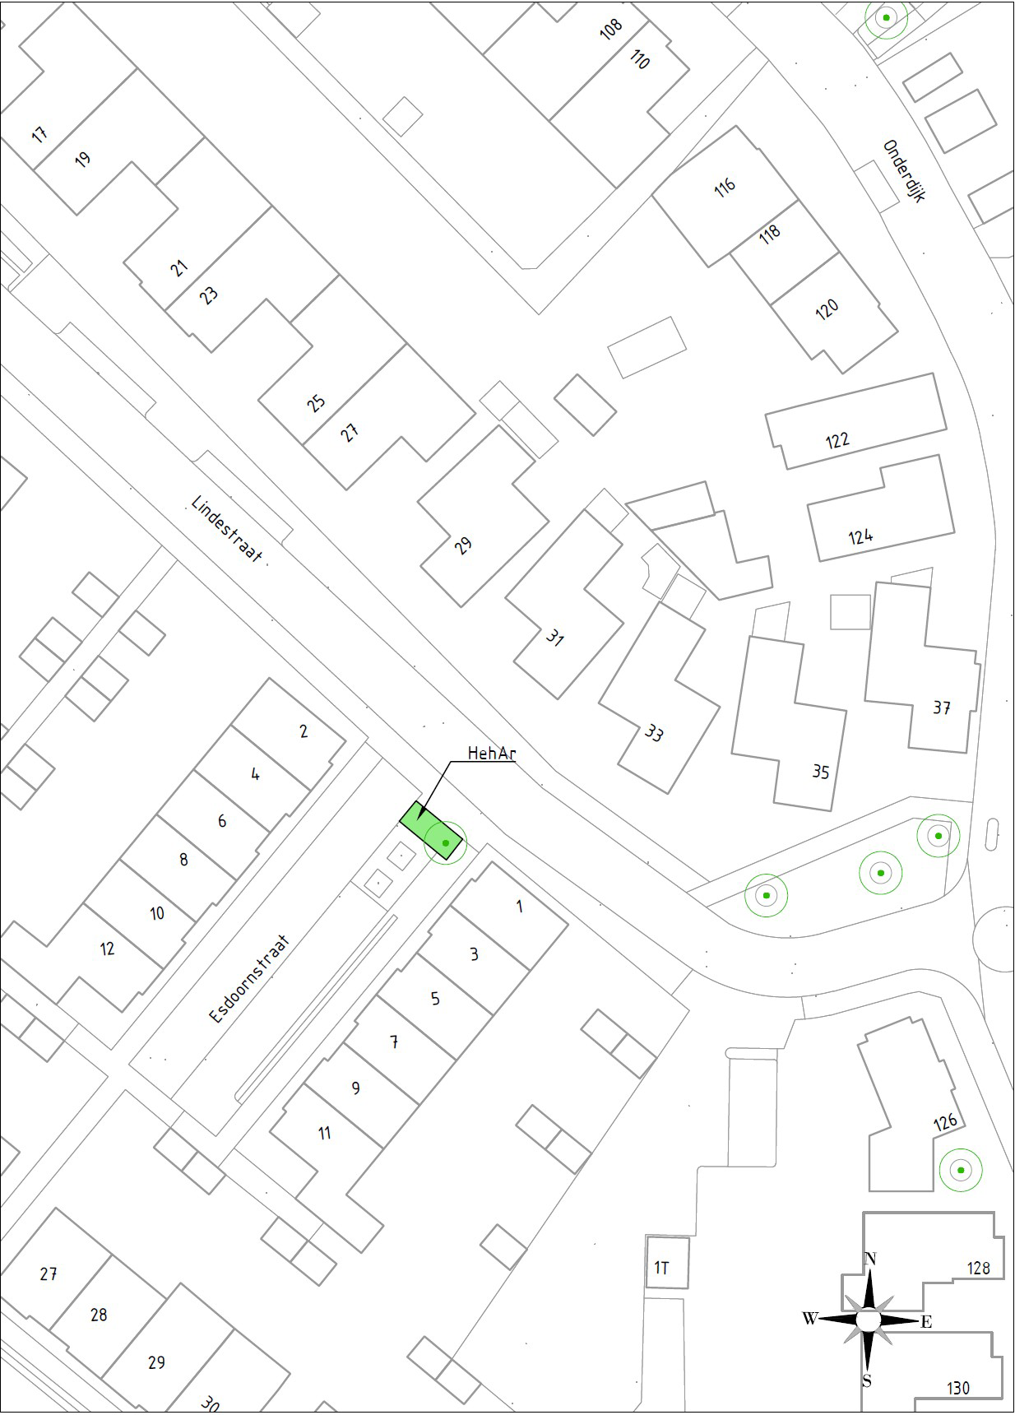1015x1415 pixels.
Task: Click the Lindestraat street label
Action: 226,528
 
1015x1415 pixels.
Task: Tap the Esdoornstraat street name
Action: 250,978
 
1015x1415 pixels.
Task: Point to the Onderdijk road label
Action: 904,171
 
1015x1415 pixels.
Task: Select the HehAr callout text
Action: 491,753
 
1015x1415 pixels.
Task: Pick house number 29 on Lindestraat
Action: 464,545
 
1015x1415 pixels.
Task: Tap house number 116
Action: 725,187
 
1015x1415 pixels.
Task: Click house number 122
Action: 837,439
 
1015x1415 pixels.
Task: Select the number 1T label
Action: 661,1268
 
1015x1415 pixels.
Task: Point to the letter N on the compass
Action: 870,1259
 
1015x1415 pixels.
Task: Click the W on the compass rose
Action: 809,1319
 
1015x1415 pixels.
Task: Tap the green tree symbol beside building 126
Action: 960,1170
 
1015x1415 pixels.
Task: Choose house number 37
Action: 942,707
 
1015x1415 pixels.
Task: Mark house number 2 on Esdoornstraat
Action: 304,731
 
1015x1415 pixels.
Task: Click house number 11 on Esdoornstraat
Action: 325,1133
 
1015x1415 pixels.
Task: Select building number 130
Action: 958,1388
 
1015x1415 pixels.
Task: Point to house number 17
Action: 39,133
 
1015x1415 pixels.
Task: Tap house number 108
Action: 611,30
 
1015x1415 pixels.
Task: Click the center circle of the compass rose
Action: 869,1320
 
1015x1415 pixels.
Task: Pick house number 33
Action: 654,732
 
